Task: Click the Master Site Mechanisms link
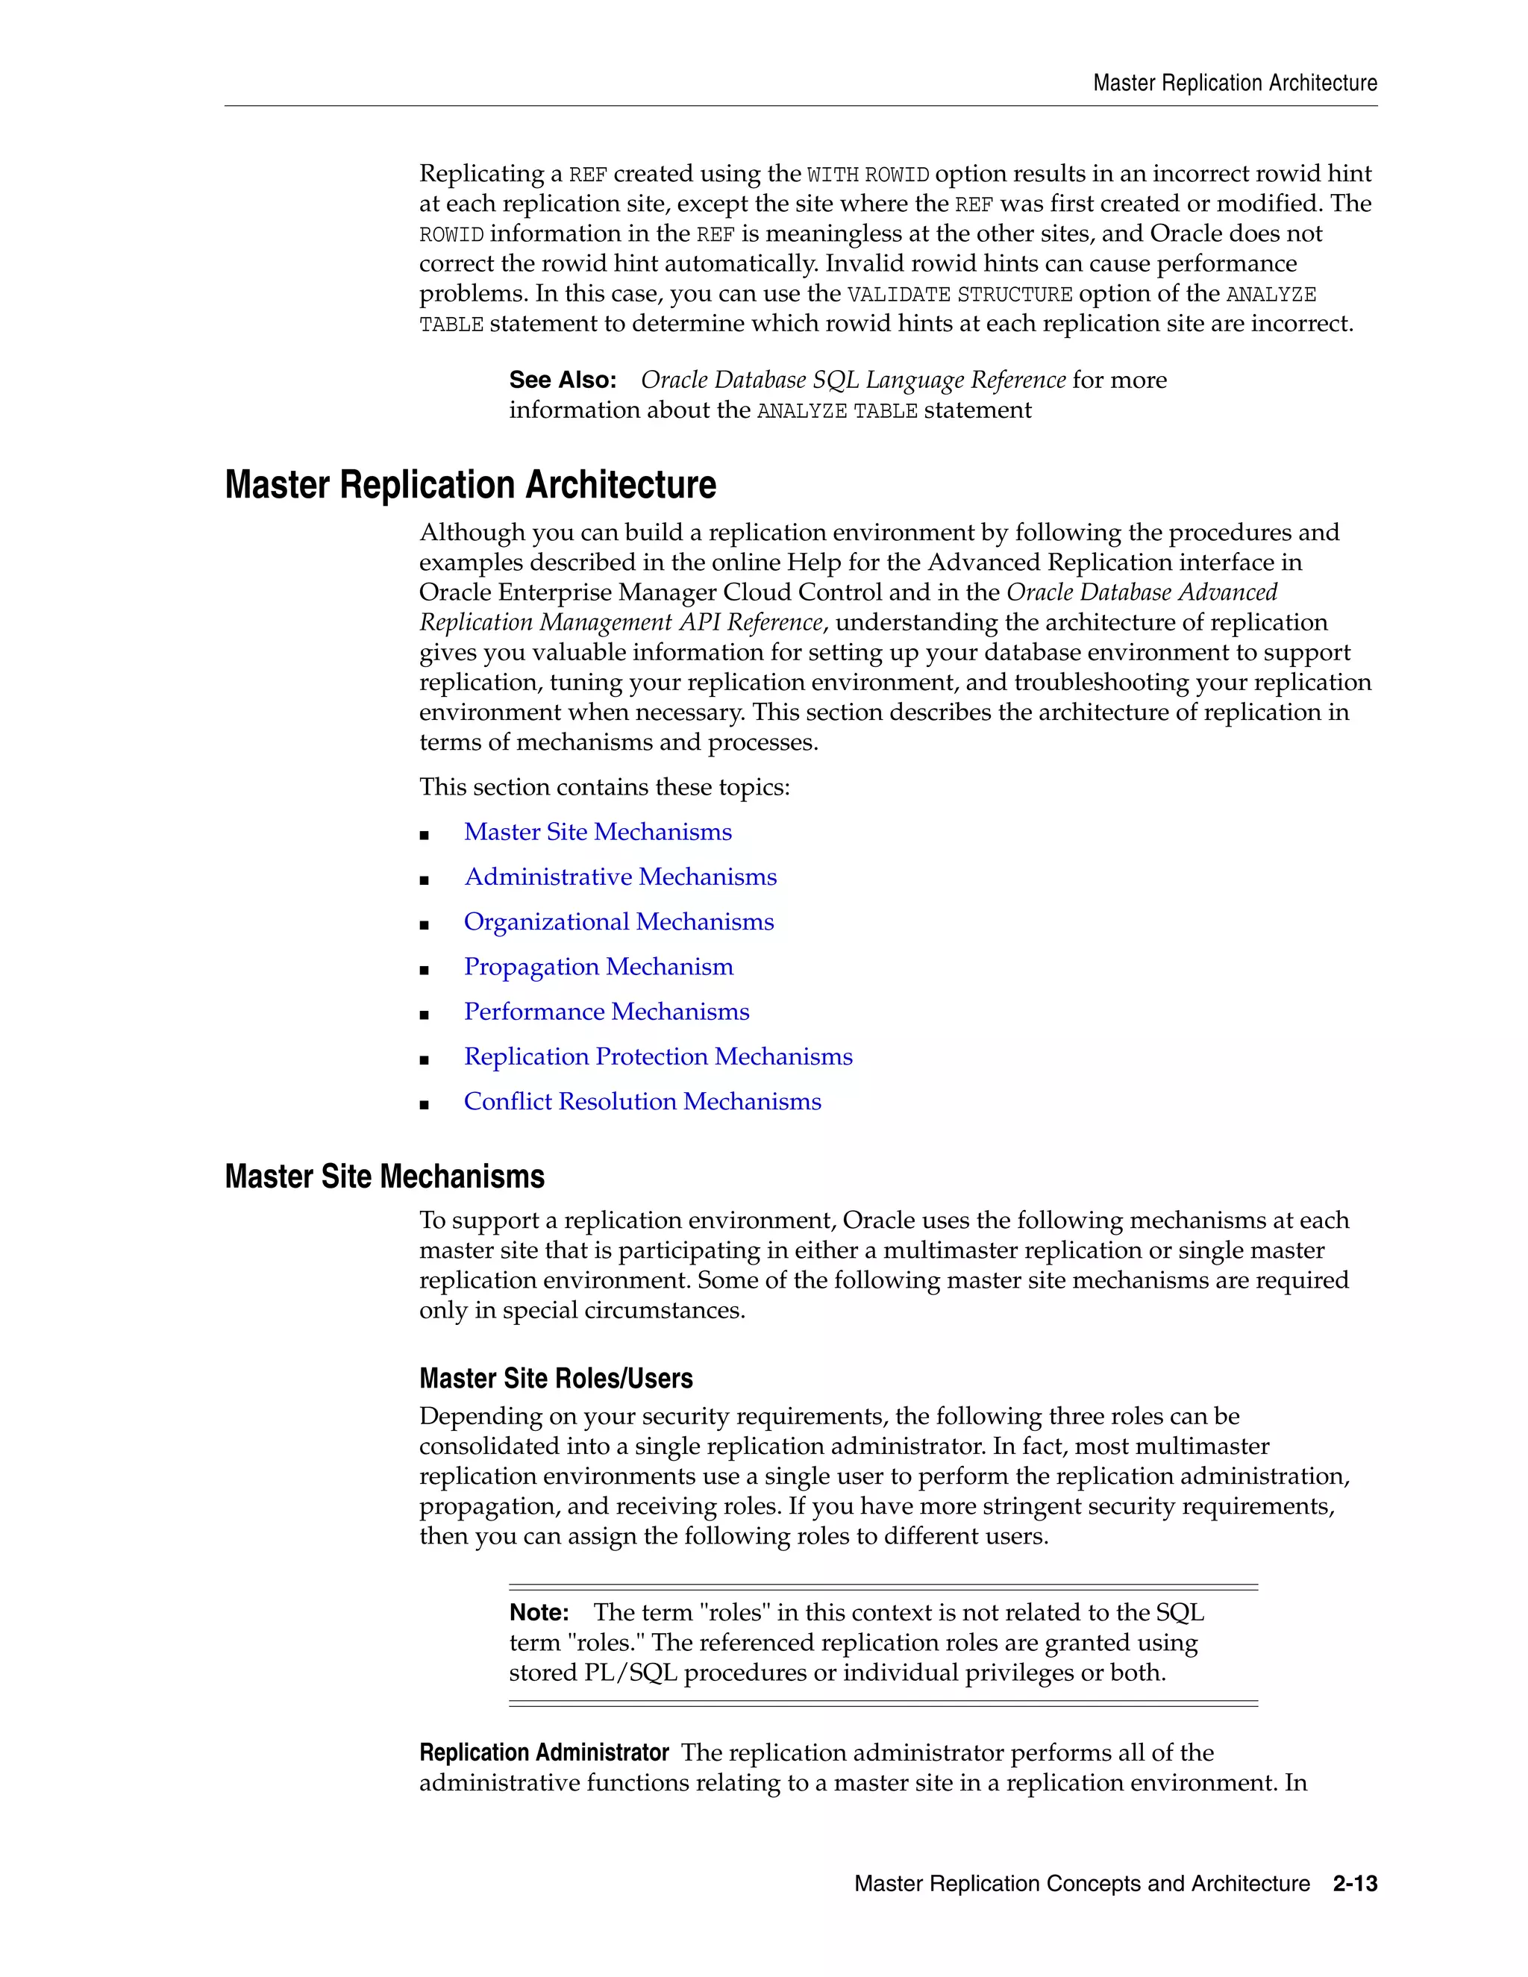598,832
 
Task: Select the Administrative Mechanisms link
620,877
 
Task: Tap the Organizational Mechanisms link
619,921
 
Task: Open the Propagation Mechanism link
598,967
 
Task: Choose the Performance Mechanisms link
607,1012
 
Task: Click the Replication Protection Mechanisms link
658,1056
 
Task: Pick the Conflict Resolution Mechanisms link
642,1102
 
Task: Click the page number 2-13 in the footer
1354,1884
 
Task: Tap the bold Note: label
539,1612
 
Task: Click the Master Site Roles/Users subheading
556,1379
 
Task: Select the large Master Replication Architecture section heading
470,485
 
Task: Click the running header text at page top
1235,84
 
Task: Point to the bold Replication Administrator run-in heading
543,1752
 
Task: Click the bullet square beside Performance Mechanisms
424,1015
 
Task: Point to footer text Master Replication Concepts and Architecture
1082,1884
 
